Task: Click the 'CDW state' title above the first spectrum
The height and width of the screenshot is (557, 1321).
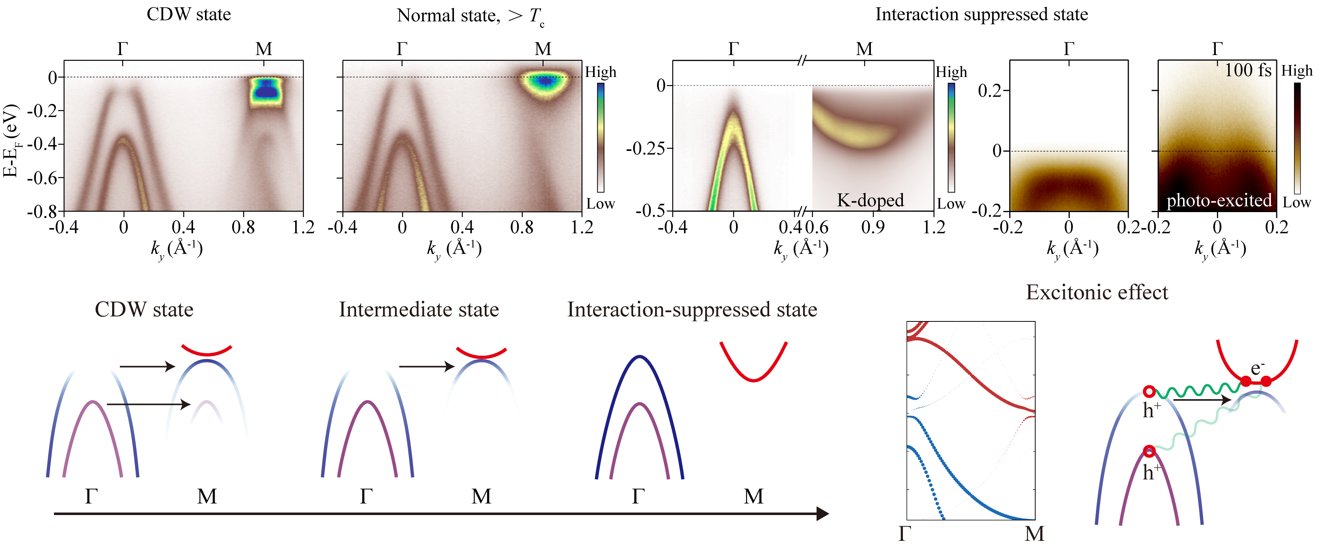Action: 189,14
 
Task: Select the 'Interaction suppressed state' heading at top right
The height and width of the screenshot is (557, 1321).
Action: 981,14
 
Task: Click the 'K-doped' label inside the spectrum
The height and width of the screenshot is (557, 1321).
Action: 870,200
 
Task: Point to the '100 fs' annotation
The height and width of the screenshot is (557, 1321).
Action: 1248,70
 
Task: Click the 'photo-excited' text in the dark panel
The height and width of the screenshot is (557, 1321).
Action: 1219,200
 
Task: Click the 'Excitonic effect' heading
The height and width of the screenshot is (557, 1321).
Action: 1096,293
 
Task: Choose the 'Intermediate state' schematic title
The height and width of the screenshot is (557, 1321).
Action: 418,309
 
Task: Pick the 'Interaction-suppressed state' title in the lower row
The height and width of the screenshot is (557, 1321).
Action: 692,309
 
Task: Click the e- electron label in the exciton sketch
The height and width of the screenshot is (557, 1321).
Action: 1257,368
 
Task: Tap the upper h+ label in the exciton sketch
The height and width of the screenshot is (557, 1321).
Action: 1151,410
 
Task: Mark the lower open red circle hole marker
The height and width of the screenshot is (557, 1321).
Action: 1149,452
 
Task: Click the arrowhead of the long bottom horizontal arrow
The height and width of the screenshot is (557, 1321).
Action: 823,514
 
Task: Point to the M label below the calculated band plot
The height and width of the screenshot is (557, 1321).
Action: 1034,534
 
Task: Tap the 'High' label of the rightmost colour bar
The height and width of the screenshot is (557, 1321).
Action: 1296,71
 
